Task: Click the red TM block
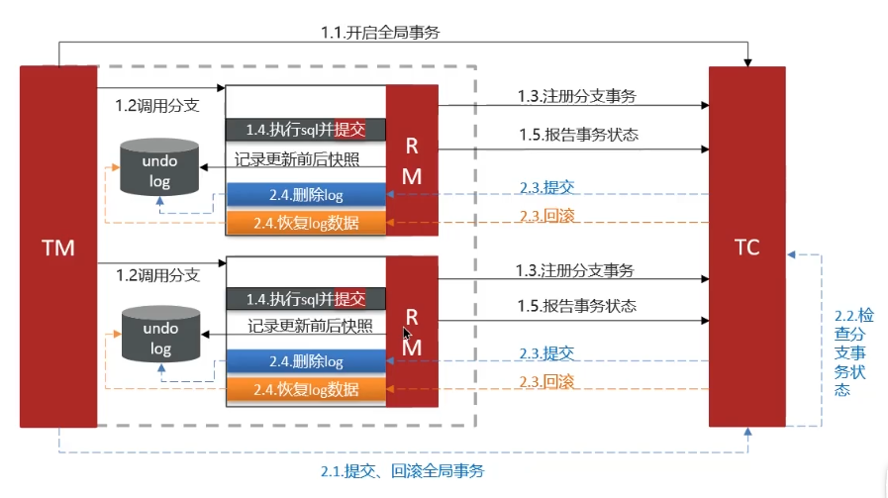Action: pyautogui.click(x=58, y=247)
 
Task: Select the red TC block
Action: pyautogui.click(x=747, y=247)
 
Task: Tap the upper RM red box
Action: pyautogui.click(x=412, y=160)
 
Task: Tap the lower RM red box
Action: pyautogui.click(x=412, y=332)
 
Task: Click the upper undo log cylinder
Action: pyautogui.click(x=159, y=167)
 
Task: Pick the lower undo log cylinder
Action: pyautogui.click(x=160, y=335)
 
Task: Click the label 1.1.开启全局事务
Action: pyautogui.click(x=380, y=33)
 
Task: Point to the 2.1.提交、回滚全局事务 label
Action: pyautogui.click(x=403, y=471)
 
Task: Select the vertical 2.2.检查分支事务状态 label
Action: pyautogui.click(x=853, y=352)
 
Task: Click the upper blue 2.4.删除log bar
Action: pyautogui.click(x=306, y=195)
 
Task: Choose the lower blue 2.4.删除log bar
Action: pyautogui.click(x=306, y=361)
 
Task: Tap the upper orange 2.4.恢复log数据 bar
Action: pyautogui.click(x=306, y=223)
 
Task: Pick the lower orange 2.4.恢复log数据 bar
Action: pyautogui.click(x=306, y=389)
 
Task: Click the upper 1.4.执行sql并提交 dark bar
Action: pyautogui.click(x=306, y=130)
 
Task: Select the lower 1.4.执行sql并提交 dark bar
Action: pyautogui.click(x=306, y=299)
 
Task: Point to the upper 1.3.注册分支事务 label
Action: pyautogui.click(x=577, y=96)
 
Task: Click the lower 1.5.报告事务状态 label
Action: pyautogui.click(x=576, y=306)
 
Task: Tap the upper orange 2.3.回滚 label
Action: pyautogui.click(x=547, y=216)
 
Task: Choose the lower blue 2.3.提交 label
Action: pyautogui.click(x=546, y=353)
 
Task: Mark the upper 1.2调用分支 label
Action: pyautogui.click(x=157, y=105)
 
